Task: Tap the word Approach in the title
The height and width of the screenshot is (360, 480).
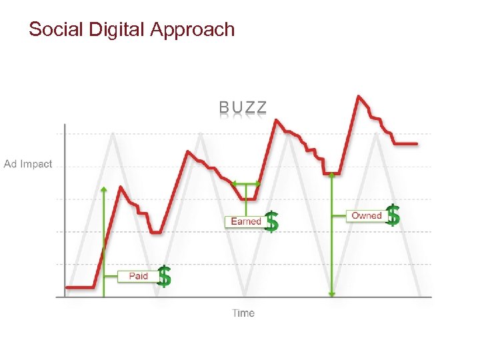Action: (x=193, y=29)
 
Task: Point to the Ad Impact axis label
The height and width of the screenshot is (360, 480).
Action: (x=28, y=164)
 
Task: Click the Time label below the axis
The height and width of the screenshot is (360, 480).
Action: (x=243, y=313)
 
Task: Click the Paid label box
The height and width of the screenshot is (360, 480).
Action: (x=138, y=276)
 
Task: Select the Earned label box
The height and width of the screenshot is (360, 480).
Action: (x=245, y=221)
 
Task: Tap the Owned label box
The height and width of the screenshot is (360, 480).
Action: (x=366, y=215)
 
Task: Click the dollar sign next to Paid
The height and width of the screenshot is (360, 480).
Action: (x=164, y=275)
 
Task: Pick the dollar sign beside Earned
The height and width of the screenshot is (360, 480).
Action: (x=271, y=221)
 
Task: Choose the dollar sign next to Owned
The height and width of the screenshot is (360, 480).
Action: (x=393, y=215)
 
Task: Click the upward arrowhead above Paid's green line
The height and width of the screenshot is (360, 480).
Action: (x=104, y=189)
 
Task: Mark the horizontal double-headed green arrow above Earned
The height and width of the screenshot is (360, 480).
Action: (x=246, y=183)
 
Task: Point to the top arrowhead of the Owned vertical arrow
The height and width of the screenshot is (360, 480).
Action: (x=332, y=175)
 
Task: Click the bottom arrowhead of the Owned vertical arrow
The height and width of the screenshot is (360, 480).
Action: (x=332, y=293)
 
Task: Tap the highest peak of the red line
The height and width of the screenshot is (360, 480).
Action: (x=359, y=97)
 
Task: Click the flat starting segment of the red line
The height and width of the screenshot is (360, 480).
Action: (x=81, y=287)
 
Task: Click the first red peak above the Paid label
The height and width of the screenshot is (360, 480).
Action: (x=121, y=187)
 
